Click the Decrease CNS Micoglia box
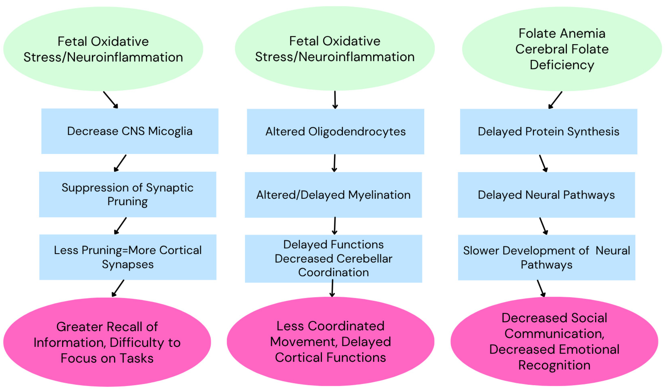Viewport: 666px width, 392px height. point(129,131)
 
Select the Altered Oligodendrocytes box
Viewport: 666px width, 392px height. point(335,131)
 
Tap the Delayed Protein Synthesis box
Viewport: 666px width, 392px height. point(548,131)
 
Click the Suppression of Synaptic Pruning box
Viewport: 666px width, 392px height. point(127,194)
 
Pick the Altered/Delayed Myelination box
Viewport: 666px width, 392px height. point(333,195)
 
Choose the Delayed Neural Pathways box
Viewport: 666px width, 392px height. point(546,195)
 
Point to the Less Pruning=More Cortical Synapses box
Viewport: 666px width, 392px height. point(128,257)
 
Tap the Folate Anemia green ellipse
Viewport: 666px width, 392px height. point(562,49)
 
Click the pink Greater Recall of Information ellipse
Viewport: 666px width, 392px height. point(107,342)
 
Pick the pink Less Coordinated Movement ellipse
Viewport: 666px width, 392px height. point(330,342)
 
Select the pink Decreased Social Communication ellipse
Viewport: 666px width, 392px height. point(554,342)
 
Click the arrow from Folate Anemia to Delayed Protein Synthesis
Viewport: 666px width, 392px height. point(555,100)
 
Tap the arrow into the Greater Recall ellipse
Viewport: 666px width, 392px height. point(118,288)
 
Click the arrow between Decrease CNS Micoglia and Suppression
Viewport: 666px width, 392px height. point(120,163)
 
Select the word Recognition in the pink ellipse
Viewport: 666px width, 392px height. point(554,365)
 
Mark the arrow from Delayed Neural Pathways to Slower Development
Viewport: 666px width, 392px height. point(543,226)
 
